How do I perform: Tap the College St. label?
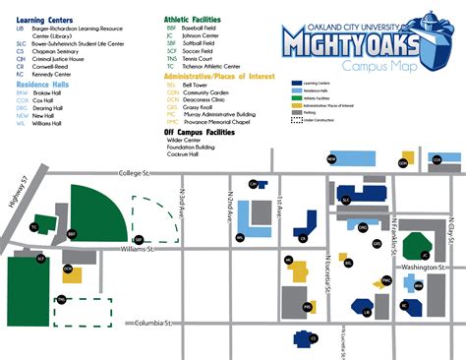click(129, 174)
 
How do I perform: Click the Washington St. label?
click(424, 266)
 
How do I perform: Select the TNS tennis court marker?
click(62, 299)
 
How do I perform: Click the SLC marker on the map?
click(345, 199)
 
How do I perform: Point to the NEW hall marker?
click(331, 158)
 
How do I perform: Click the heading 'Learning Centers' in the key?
click(43, 18)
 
